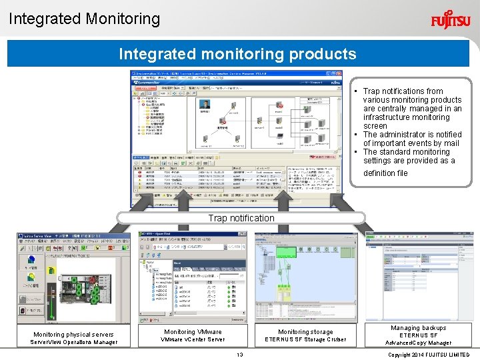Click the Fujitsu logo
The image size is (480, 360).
pyautogui.click(x=450, y=19)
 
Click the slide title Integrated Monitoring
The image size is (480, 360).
pyautogui.click(x=85, y=19)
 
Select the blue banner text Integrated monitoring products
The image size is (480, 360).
pyautogui.click(x=237, y=54)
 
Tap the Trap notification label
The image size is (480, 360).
pyautogui.click(x=241, y=218)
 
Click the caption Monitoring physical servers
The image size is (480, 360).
pyautogui.click(x=73, y=334)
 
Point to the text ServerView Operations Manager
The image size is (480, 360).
pyautogui.click(x=73, y=343)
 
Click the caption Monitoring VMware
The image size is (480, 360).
pyautogui.click(x=193, y=331)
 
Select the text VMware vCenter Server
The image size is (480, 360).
pyautogui.click(x=193, y=339)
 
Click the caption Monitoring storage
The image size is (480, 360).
pyautogui.click(x=305, y=331)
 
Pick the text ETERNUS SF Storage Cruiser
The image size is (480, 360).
pyautogui.click(x=305, y=339)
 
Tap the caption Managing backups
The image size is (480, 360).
pyautogui.click(x=418, y=327)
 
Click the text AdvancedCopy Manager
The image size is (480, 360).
pyautogui.click(x=418, y=343)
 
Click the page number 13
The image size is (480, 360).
pyautogui.click(x=240, y=355)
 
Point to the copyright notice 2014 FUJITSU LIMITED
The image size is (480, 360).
pyautogui.click(x=429, y=355)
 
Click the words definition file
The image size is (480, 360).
pyautogui.click(x=385, y=173)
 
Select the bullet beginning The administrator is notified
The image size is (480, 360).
pyautogui.click(x=411, y=139)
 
